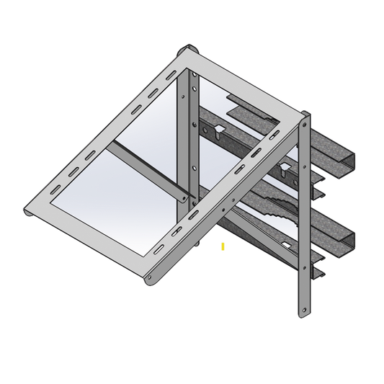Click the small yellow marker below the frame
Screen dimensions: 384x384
click(223, 246)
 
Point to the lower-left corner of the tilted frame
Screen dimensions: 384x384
click(27, 213)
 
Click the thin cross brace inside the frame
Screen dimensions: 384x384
click(148, 169)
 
